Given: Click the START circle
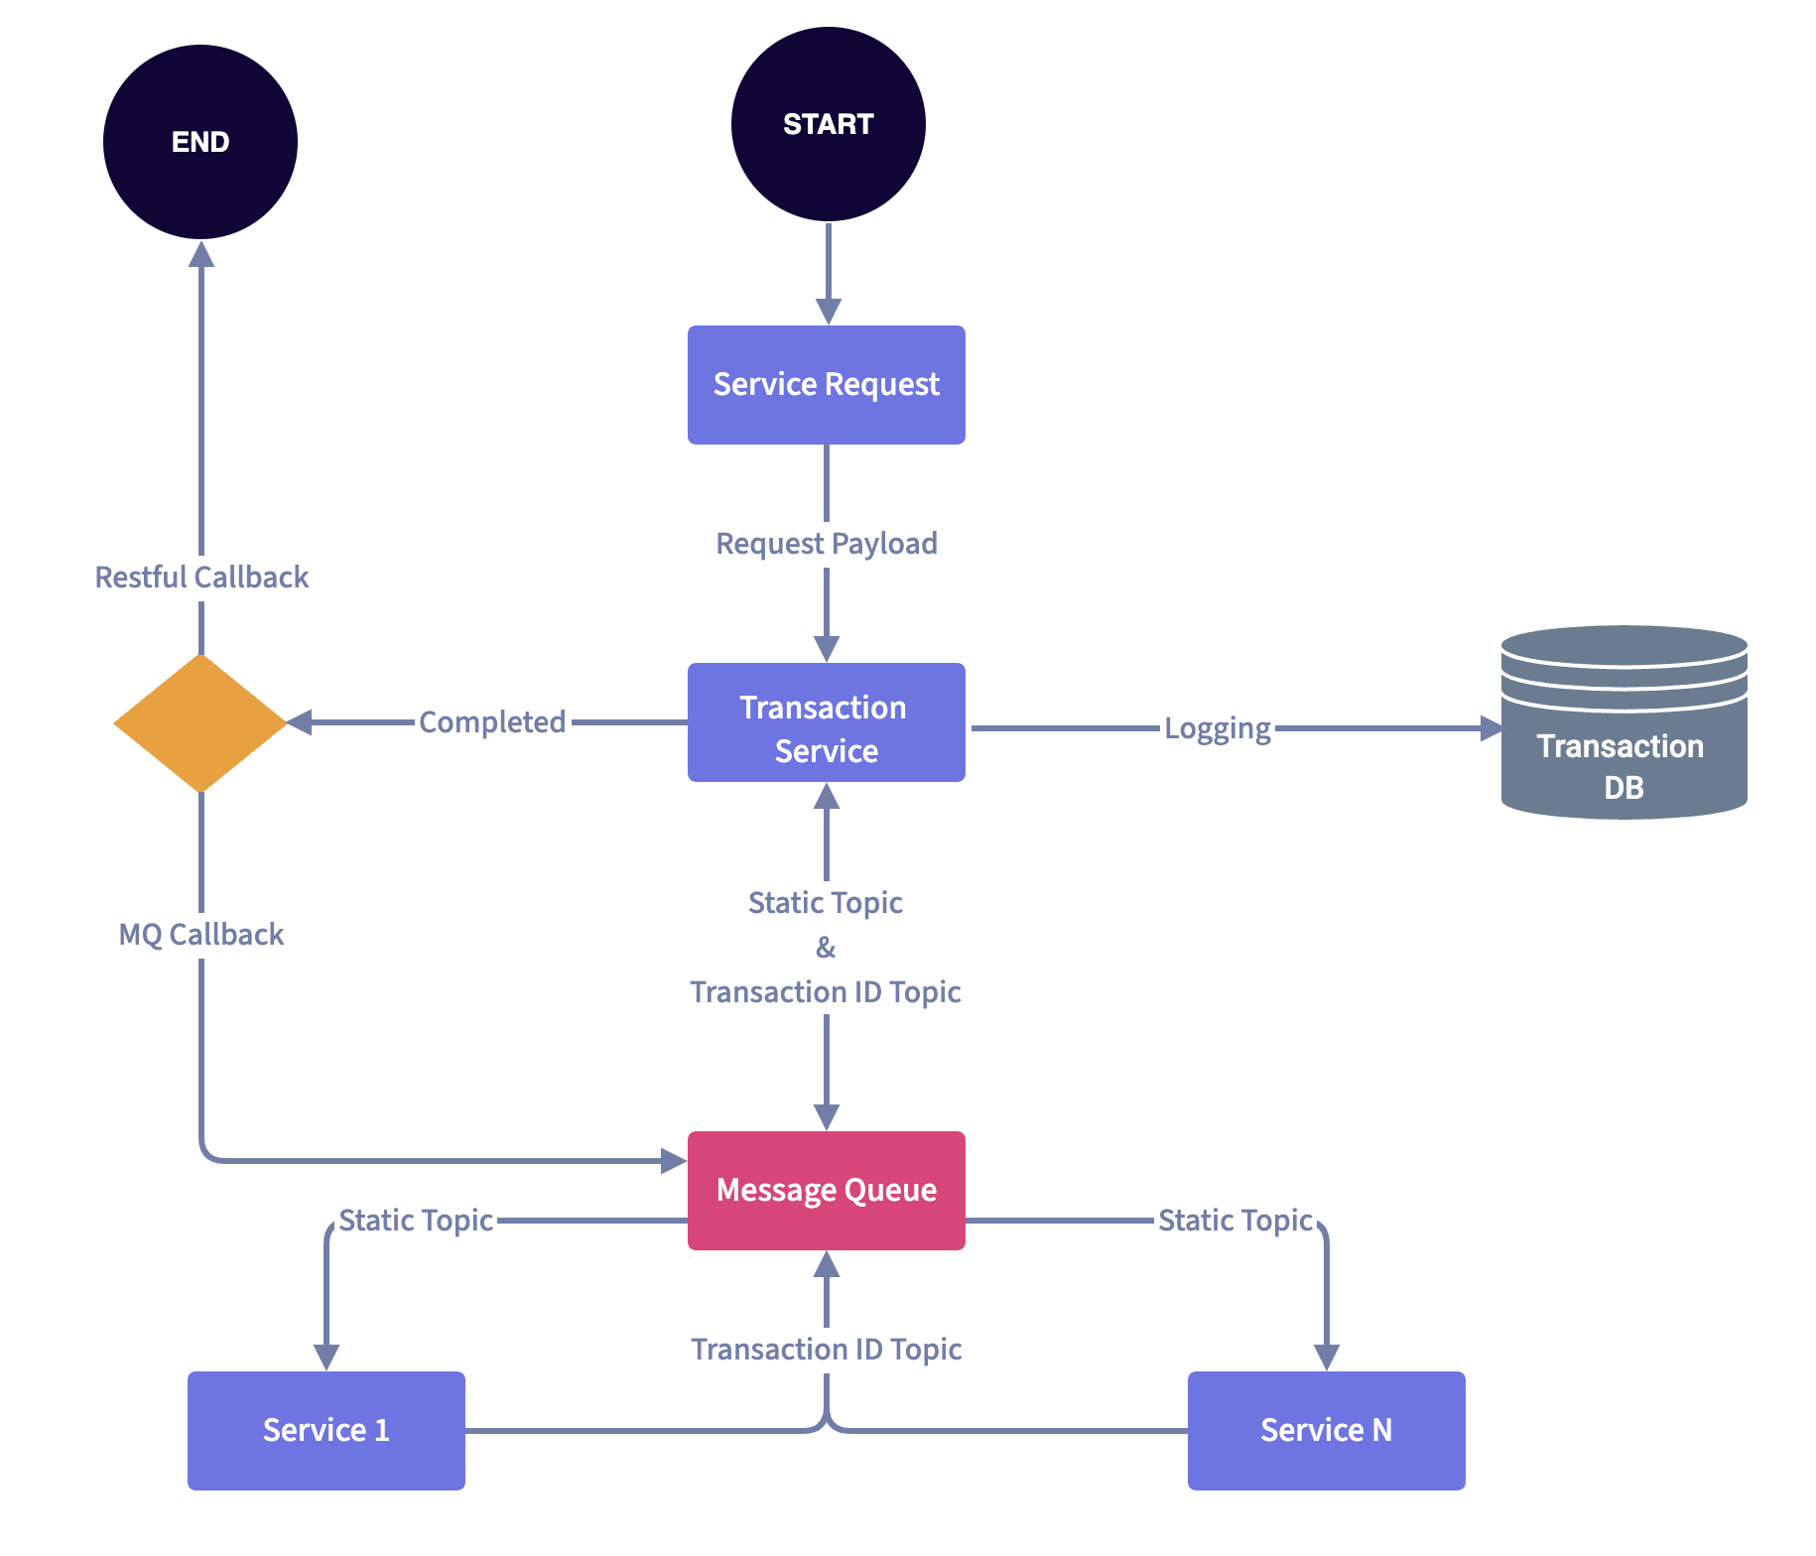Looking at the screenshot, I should point(828,124).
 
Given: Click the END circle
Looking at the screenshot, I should point(200,142).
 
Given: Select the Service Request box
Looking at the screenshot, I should point(826,385).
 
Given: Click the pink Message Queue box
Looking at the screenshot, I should point(826,1190).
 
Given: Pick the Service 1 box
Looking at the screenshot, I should point(325,1430).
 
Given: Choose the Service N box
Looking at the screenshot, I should point(1326,1430).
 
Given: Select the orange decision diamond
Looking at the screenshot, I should point(200,722).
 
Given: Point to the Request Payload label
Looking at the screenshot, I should point(826,544).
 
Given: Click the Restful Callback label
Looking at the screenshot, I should point(201,578).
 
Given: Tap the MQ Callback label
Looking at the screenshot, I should point(201,935).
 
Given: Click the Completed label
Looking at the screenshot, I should point(492,722).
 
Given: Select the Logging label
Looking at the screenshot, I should point(1217,728).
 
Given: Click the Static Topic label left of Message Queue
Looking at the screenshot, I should point(416,1221).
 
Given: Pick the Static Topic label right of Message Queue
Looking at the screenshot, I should point(1235,1221).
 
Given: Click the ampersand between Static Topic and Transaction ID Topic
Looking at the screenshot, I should point(826,948).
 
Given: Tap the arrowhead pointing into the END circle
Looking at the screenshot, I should point(201,254).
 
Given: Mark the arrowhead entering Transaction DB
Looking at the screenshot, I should point(1492,728).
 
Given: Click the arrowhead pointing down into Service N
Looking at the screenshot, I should point(1327,1357).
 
